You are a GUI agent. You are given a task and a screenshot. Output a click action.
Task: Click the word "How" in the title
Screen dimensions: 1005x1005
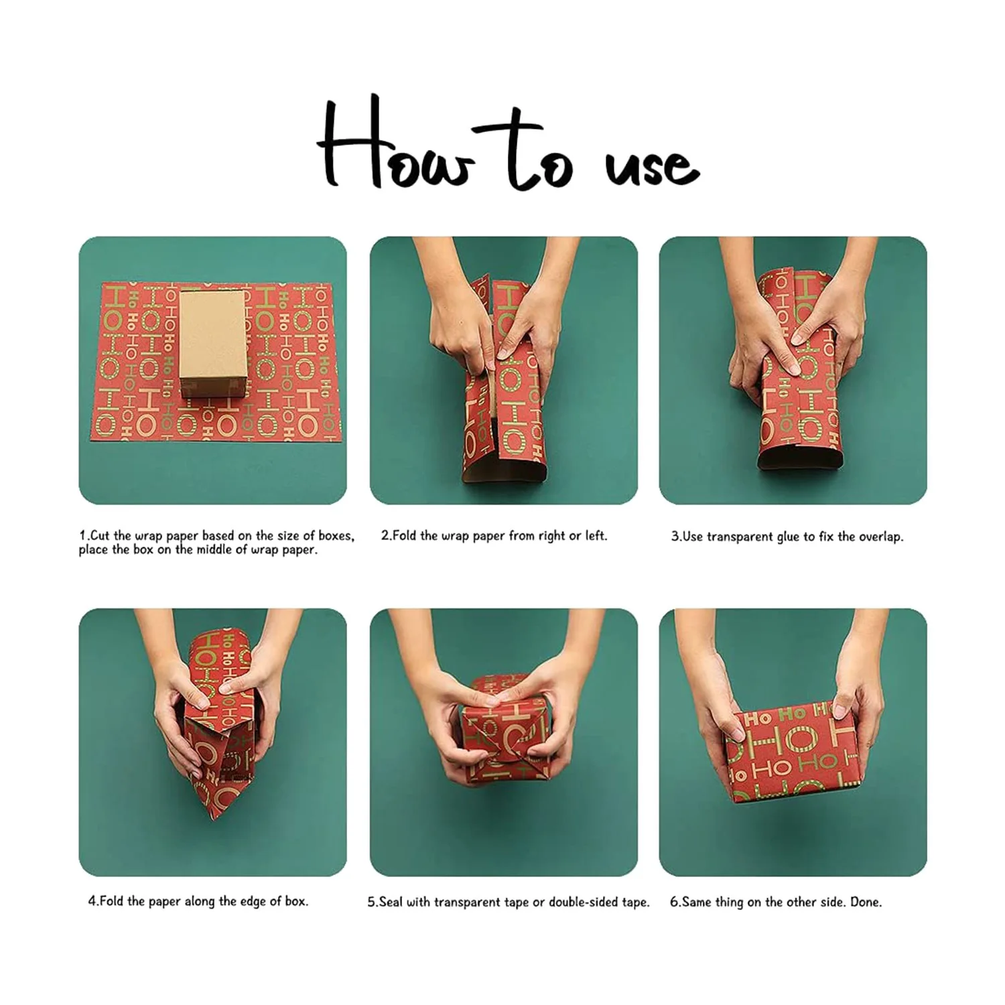[x=395, y=144]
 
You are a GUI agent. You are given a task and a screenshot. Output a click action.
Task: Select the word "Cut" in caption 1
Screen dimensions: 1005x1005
[x=100, y=535]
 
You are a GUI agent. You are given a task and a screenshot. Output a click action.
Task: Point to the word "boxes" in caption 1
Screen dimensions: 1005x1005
[x=336, y=536]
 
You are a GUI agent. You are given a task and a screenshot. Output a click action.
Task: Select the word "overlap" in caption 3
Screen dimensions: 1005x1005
[x=878, y=537]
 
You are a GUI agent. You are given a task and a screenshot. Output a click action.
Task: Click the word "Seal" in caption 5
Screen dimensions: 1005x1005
[x=390, y=902]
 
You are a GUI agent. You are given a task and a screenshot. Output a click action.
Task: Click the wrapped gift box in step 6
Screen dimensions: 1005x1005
[x=793, y=752]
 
